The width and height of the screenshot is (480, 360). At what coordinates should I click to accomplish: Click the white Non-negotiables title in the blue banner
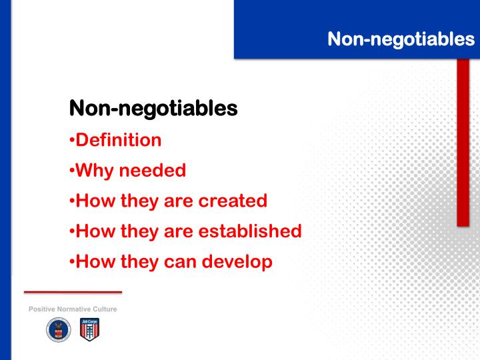tap(401, 39)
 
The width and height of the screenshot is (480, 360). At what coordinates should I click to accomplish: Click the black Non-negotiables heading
tap(153, 108)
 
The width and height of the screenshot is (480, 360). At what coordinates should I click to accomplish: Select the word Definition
tap(119, 140)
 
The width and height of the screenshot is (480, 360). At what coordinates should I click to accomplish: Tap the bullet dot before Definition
tap(72, 141)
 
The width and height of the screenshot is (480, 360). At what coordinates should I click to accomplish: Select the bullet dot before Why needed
tap(72, 171)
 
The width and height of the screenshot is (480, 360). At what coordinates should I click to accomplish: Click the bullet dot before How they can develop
tap(72, 263)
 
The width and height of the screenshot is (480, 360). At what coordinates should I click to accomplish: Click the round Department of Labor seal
tap(58, 329)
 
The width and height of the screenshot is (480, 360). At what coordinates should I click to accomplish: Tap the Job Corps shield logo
tap(89, 329)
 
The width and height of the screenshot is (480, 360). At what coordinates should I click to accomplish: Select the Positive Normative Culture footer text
tap(72, 309)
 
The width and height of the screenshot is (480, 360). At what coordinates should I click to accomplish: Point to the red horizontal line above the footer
tap(73, 292)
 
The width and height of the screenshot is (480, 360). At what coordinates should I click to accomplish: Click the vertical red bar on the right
tap(463, 143)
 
